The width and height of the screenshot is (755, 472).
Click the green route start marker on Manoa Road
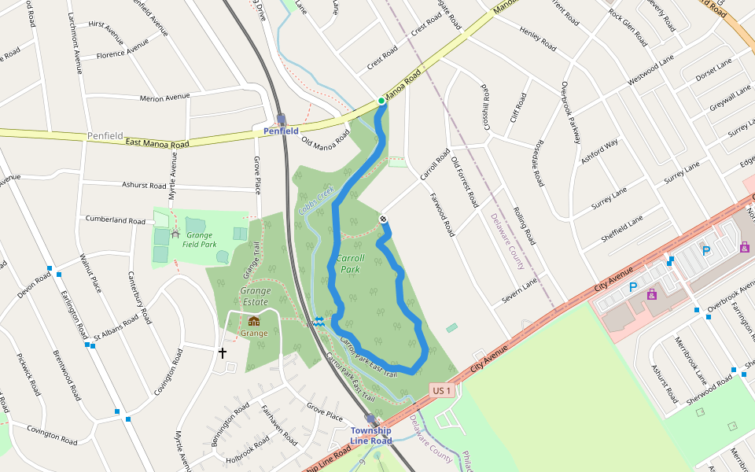[381, 101]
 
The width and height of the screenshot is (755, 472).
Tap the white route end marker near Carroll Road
[383, 219]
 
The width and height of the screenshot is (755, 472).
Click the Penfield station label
[281, 131]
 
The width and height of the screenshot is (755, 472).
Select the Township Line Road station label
[370, 436]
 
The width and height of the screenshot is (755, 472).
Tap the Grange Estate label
[256, 297]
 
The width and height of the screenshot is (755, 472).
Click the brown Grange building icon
[254, 321]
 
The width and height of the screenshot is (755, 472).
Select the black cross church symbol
[222, 353]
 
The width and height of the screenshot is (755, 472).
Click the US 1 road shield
[442, 390]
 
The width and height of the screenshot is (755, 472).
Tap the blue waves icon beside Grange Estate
[319, 321]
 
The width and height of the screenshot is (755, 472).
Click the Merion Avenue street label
[164, 98]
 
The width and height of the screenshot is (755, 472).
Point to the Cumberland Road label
[116, 219]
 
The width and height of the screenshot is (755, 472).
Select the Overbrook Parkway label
[570, 112]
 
